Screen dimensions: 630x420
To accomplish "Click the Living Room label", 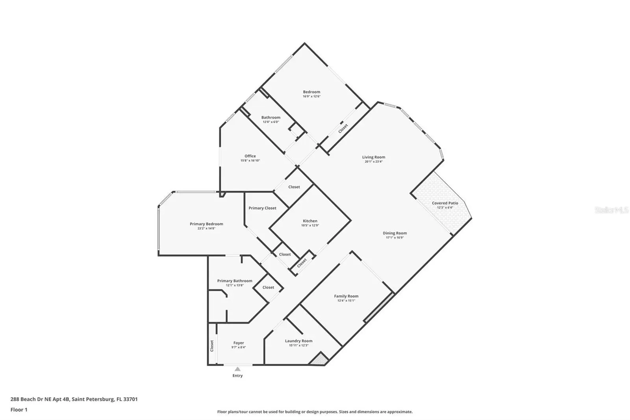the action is tap(374, 157).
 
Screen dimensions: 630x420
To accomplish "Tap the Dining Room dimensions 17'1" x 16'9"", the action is tap(395, 238).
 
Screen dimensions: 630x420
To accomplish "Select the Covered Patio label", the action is tap(445, 203).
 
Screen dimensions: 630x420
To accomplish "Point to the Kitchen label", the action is tap(310, 221).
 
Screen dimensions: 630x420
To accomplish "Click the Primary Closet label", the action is tap(262, 208).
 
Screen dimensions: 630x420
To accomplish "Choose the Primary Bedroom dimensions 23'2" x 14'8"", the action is tap(206, 229).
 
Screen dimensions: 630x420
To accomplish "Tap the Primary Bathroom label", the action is tap(235, 281).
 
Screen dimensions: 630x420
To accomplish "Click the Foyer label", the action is tap(239, 343).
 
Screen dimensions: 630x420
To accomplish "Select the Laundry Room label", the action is tap(299, 341).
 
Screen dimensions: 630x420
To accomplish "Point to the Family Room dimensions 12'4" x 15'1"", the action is tap(346, 301).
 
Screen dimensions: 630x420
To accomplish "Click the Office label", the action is tap(250, 156).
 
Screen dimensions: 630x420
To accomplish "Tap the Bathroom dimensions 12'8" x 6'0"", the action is tap(271, 122).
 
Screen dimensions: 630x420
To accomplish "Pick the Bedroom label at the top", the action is tap(311, 92).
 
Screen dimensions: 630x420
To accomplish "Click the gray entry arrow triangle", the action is tap(238, 369).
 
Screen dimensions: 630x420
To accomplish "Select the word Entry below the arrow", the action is tap(237, 375).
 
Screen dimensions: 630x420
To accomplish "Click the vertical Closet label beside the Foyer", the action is tap(212, 346).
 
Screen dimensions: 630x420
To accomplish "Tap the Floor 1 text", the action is tap(19, 410).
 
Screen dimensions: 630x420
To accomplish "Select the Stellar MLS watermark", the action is tap(612, 210).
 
